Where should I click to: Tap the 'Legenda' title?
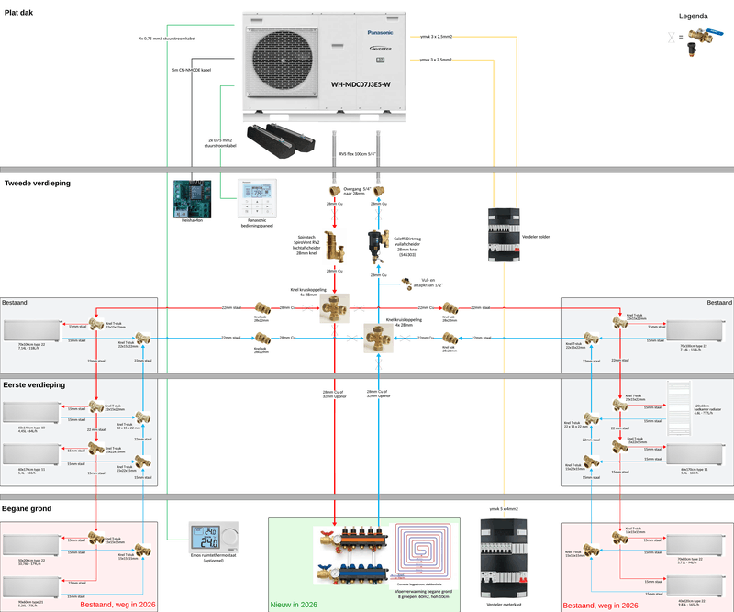[692, 16]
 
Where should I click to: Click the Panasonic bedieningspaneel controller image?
[257, 195]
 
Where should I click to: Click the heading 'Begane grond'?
[28, 507]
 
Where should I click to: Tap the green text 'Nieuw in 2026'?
[293, 605]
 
